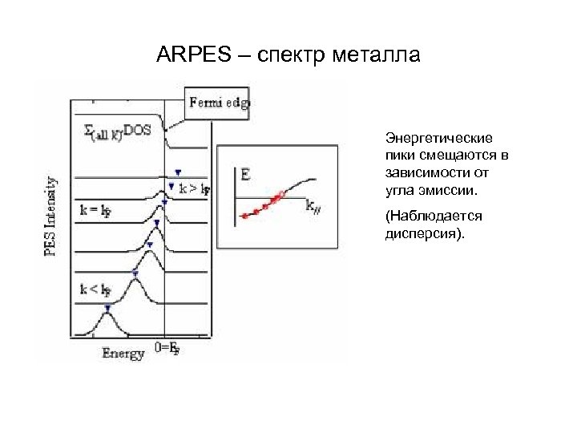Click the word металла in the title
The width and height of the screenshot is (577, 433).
tap(377, 55)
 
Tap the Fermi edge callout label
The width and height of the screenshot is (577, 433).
tap(218, 102)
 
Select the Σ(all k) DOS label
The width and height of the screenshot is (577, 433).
tap(117, 131)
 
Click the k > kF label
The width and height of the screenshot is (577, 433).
tap(194, 189)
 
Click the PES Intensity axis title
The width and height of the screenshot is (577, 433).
tap(51, 216)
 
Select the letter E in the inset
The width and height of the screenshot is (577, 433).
tap(245, 172)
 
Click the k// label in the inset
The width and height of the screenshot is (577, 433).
tap(313, 206)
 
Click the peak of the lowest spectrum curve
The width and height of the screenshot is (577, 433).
tap(107, 315)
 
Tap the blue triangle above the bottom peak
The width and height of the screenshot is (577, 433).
tap(107, 306)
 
